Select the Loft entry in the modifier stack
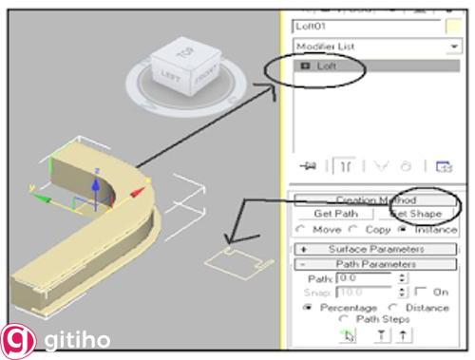coord(327,67)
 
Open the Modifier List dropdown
coord(365,46)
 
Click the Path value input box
coord(366,277)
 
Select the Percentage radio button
coord(308,308)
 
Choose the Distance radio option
coord(389,308)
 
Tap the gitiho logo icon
coord(16,340)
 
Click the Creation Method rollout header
coord(374,200)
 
